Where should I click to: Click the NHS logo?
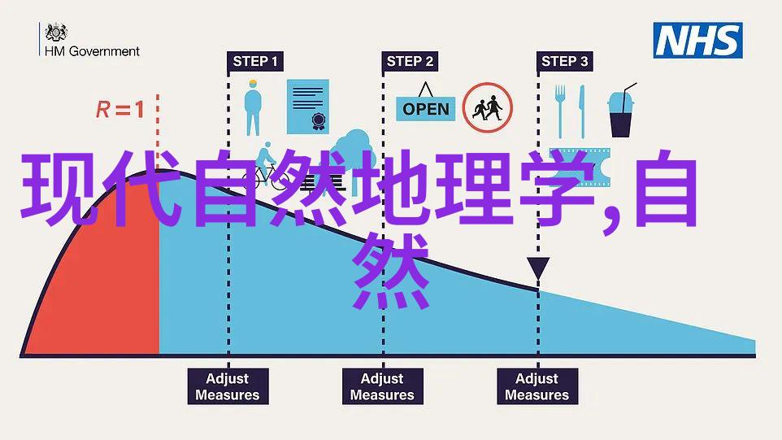(x=697, y=41)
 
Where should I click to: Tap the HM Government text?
(x=93, y=51)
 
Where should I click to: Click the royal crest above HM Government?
(x=56, y=32)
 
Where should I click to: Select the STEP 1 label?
(x=255, y=61)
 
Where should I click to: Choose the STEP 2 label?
(x=410, y=61)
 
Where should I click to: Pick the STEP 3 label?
(x=565, y=61)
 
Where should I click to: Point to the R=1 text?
(x=120, y=109)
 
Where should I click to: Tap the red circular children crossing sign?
(x=487, y=107)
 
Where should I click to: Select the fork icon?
(x=560, y=111)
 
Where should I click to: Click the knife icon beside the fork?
(x=581, y=111)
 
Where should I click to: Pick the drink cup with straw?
(x=621, y=111)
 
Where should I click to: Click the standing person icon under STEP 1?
(x=253, y=107)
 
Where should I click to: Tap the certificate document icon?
(x=308, y=107)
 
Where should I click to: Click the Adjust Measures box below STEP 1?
(x=228, y=386)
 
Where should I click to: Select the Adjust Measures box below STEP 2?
(x=383, y=386)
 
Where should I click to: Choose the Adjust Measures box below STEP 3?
(x=537, y=386)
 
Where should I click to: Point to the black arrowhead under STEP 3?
(x=538, y=268)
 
